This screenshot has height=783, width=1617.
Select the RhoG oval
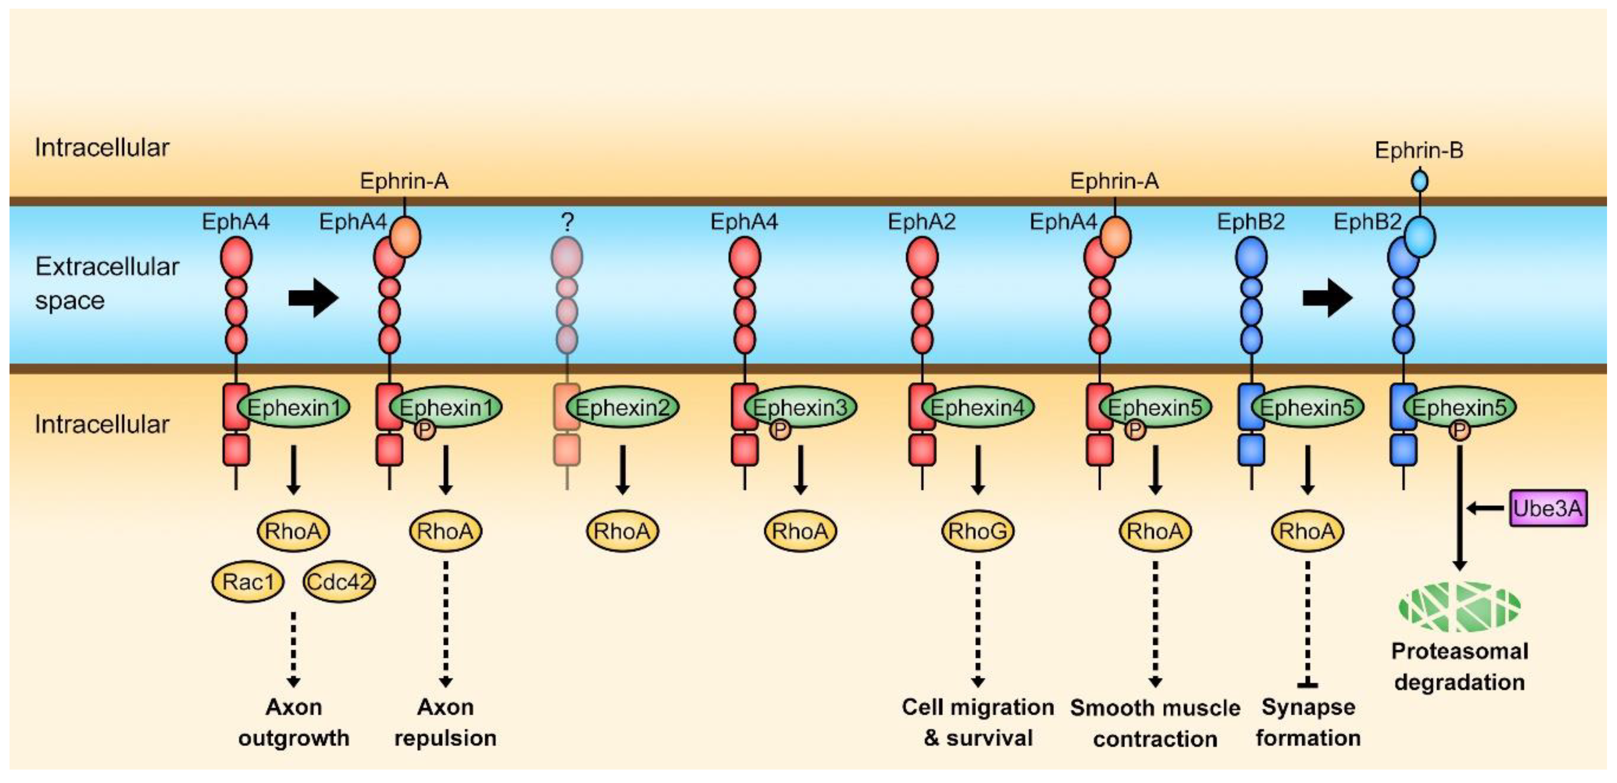pyautogui.click(x=977, y=531)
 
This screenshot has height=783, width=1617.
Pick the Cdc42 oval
pyautogui.click(x=339, y=582)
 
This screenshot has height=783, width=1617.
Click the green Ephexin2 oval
pyautogui.click(x=623, y=407)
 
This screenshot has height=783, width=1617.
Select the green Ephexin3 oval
pyautogui.click(x=800, y=407)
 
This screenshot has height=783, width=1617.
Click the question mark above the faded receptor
pyautogui.click(x=567, y=221)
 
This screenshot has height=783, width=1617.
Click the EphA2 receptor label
pyautogui.click(x=921, y=221)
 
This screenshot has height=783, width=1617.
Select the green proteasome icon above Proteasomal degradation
pyautogui.click(x=1459, y=607)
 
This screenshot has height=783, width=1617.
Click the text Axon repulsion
pyautogui.click(x=445, y=722)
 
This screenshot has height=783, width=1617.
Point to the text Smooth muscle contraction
pyautogui.click(x=1155, y=723)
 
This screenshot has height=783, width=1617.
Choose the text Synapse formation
pyautogui.click(x=1308, y=722)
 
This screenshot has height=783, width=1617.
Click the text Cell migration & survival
pyautogui.click(x=977, y=722)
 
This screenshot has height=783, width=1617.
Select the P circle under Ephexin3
pyautogui.click(x=780, y=430)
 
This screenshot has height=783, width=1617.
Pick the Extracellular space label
pyautogui.click(x=107, y=283)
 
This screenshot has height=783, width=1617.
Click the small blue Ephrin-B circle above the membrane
pyautogui.click(x=1419, y=182)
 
